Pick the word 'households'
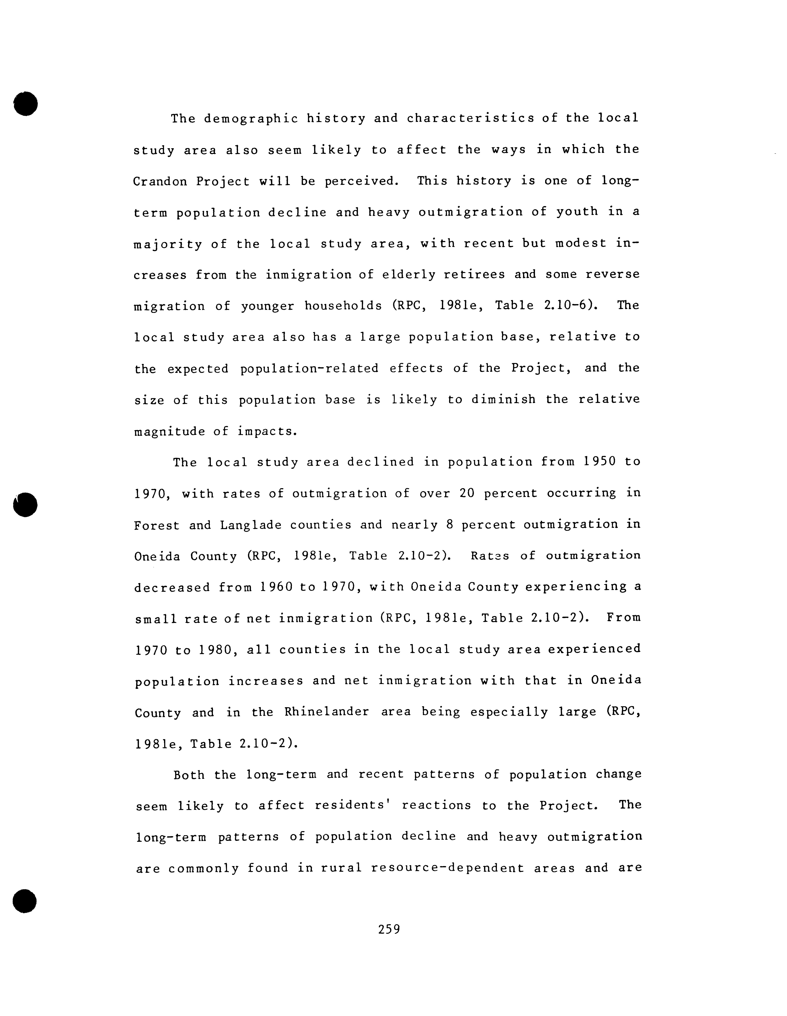(x=343, y=306)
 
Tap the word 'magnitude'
(x=169, y=432)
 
